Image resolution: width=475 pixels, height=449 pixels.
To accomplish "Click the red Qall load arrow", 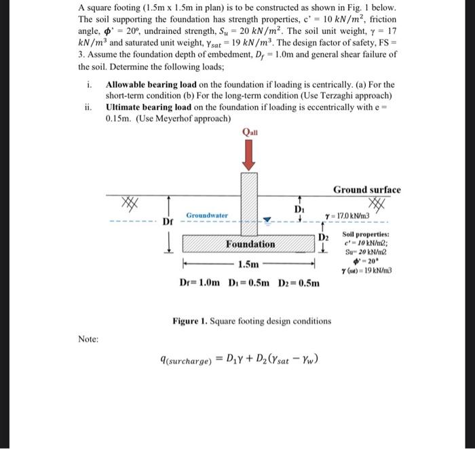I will (x=249, y=154).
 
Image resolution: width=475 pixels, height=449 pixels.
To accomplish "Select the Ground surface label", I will (x=366, y=190).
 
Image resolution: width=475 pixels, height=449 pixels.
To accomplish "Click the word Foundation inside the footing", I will (x=251, y=244).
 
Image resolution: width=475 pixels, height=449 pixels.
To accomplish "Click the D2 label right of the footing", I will (x=324, y=236).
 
